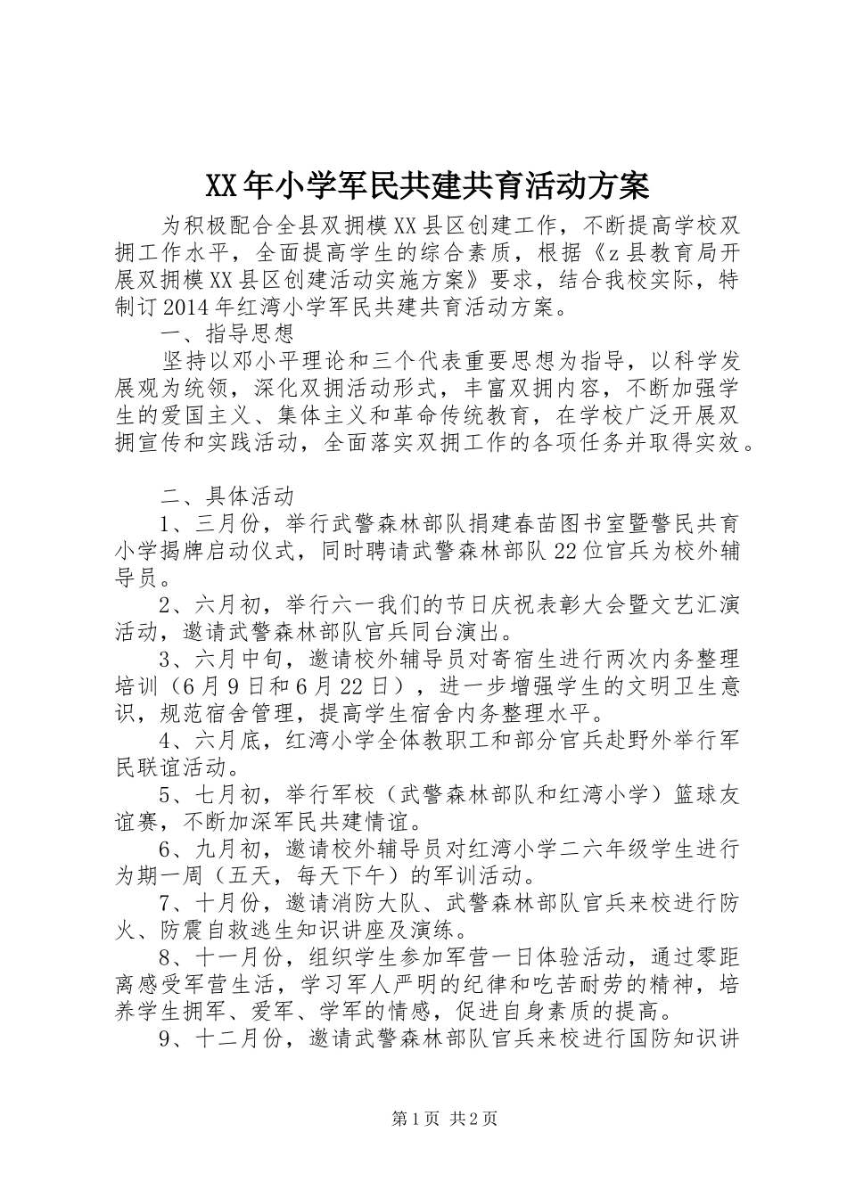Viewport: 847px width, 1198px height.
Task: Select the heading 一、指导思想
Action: [x=226, y=334]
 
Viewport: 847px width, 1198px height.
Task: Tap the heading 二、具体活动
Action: [x=226, y=496]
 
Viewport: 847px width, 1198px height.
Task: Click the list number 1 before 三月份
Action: [x=166, y=523]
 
